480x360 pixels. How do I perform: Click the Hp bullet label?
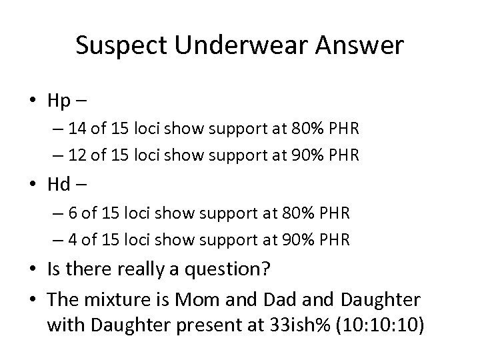[x=61, y=102]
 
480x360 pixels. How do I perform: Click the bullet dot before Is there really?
[x=33, y=269]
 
